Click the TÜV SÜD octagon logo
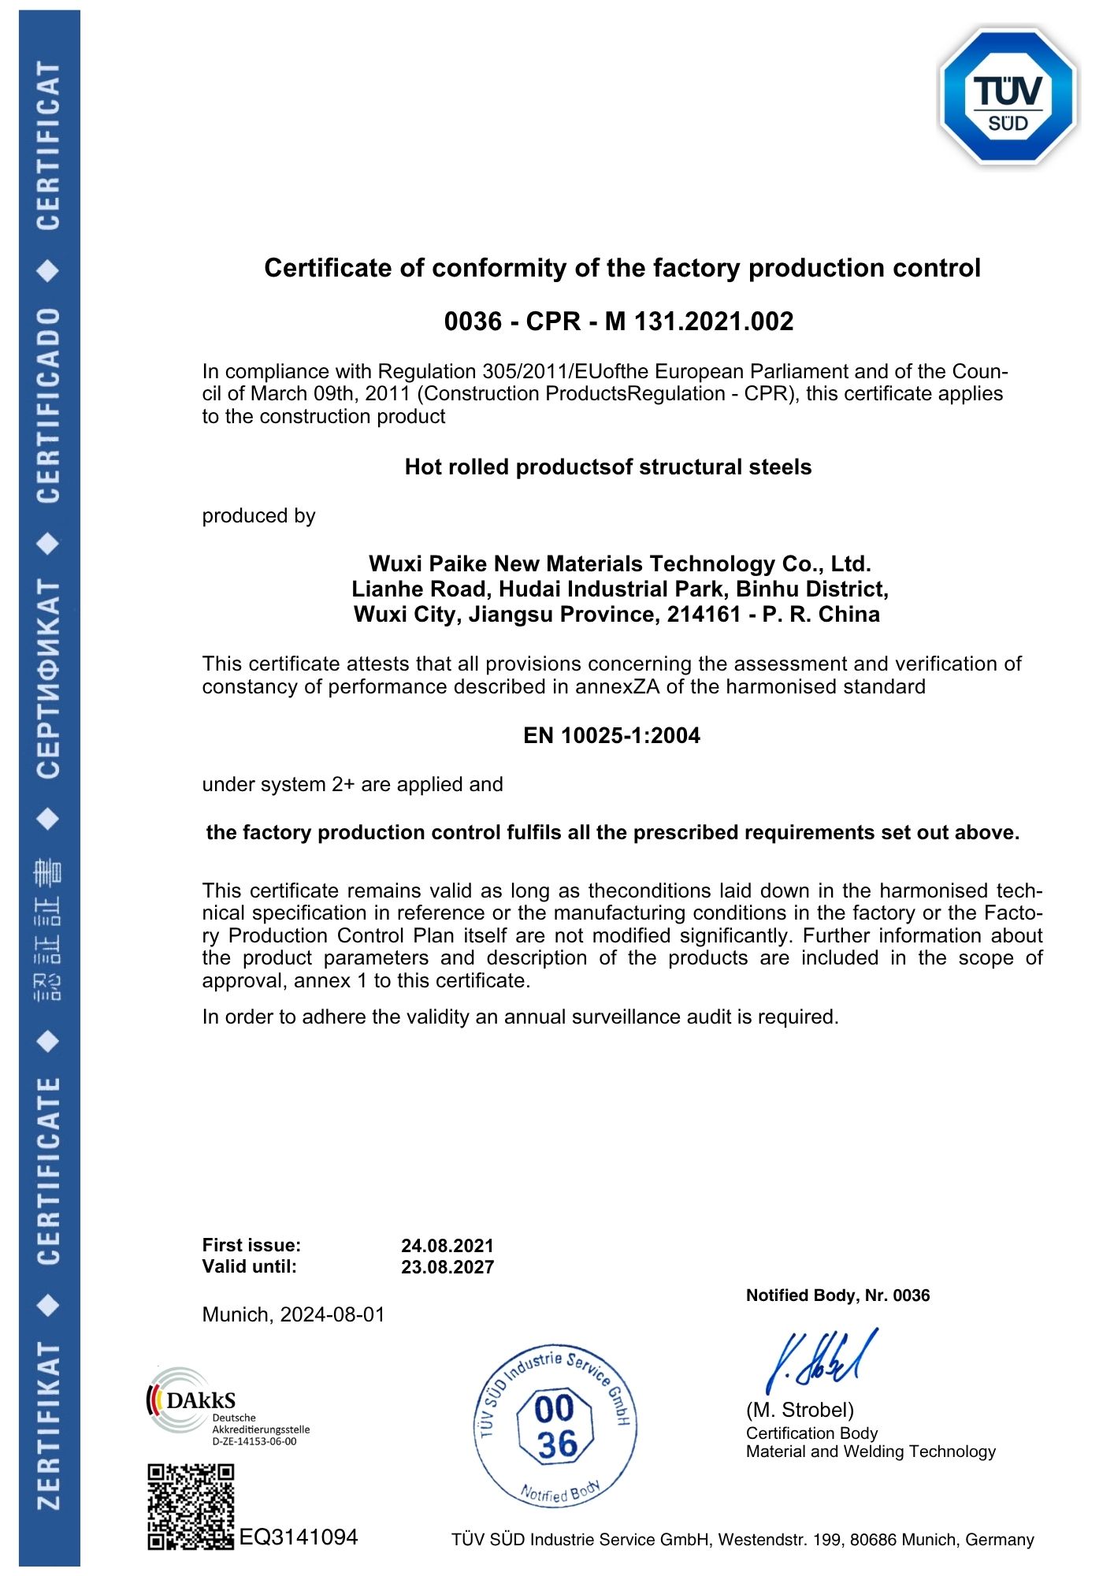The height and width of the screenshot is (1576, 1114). [x=1008, y=97]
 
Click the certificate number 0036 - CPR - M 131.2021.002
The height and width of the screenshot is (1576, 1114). [x=618, y=322]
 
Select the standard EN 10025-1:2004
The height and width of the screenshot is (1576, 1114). [x=611, y=736]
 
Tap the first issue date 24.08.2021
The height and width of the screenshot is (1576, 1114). [x=447, y=1246]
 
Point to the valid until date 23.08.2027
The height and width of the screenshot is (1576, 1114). [x=447, y=1267]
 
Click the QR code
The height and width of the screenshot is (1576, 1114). [x=191, y=1506]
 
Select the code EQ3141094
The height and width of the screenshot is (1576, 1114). [x=299, y=1537]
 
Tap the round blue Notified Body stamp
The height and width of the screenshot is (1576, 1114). [x=555, y=1425]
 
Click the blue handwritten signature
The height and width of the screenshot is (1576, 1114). [x=819, y=1361]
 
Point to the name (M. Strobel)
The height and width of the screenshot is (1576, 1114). [x=800, y=1410]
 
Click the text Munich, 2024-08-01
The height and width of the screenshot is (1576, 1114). [x=293, y=1314]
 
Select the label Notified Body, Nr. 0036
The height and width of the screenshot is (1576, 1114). [x=837, y=1295]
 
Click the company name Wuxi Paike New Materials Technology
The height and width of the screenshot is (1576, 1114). [x=619, y=564]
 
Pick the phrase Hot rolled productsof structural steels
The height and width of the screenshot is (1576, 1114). [x=607, y=467]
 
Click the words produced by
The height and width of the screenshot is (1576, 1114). [x=258, y=516]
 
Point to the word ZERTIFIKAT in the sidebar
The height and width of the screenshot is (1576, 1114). [x=49, y=1427]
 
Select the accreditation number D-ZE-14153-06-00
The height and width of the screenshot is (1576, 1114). [x=254, y=1441]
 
